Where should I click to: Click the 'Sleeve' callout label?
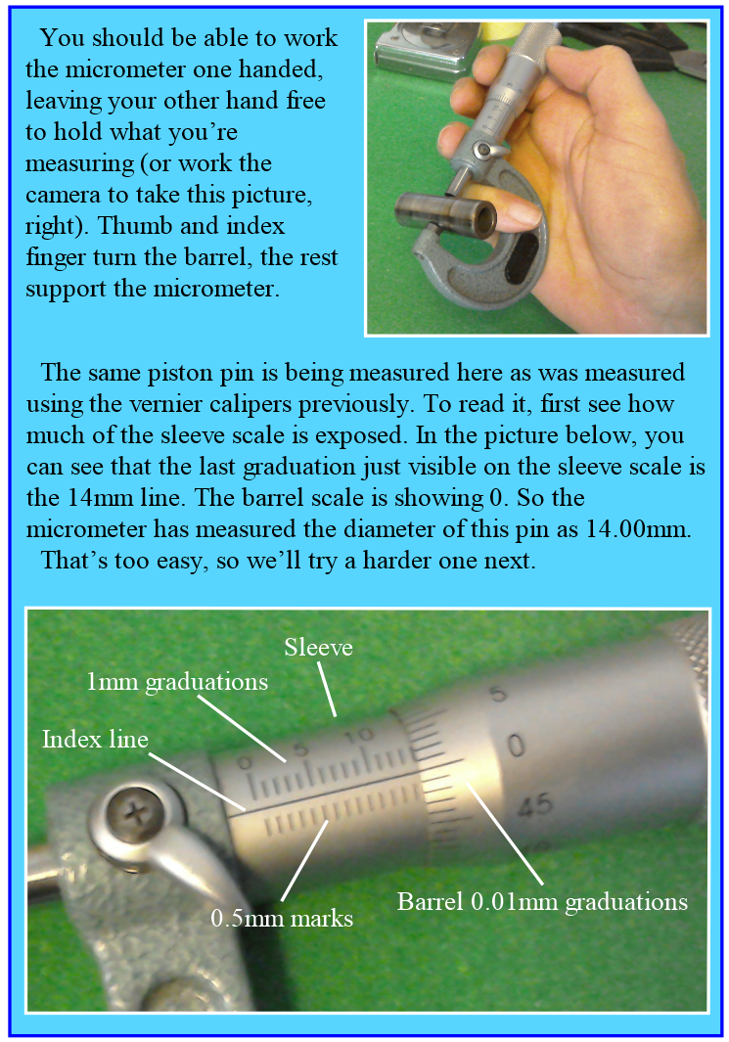[318, 648]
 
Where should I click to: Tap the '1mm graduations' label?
[177, 682]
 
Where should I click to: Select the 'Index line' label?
[95, 739]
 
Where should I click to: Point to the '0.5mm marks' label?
[282, 919]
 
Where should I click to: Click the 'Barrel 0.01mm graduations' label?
[542, 902]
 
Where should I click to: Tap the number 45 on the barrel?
[535, 805]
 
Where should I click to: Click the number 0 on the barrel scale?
[516, 746]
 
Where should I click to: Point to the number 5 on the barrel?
[498, 695]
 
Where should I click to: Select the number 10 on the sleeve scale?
[359, 736]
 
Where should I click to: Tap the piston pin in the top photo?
[445, 214]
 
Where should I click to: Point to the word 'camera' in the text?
[64, 196]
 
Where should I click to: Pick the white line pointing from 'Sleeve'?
[327, 689]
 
